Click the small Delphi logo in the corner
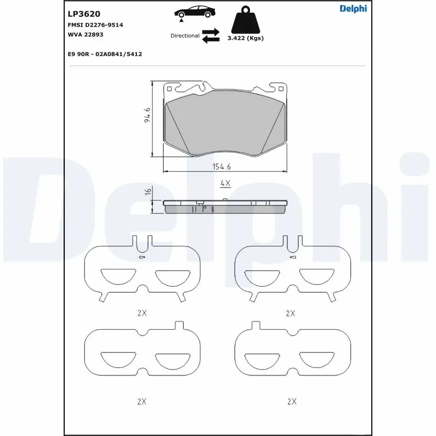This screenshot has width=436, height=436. tap(353, 8)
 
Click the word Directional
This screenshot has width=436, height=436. tap(185, 35)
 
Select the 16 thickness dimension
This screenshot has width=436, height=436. tap(147, 191)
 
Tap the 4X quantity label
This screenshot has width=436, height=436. tap(225, 184)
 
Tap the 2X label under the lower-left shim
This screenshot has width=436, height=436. tap(142, 401)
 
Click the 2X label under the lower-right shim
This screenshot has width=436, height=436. tap(292, 401)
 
